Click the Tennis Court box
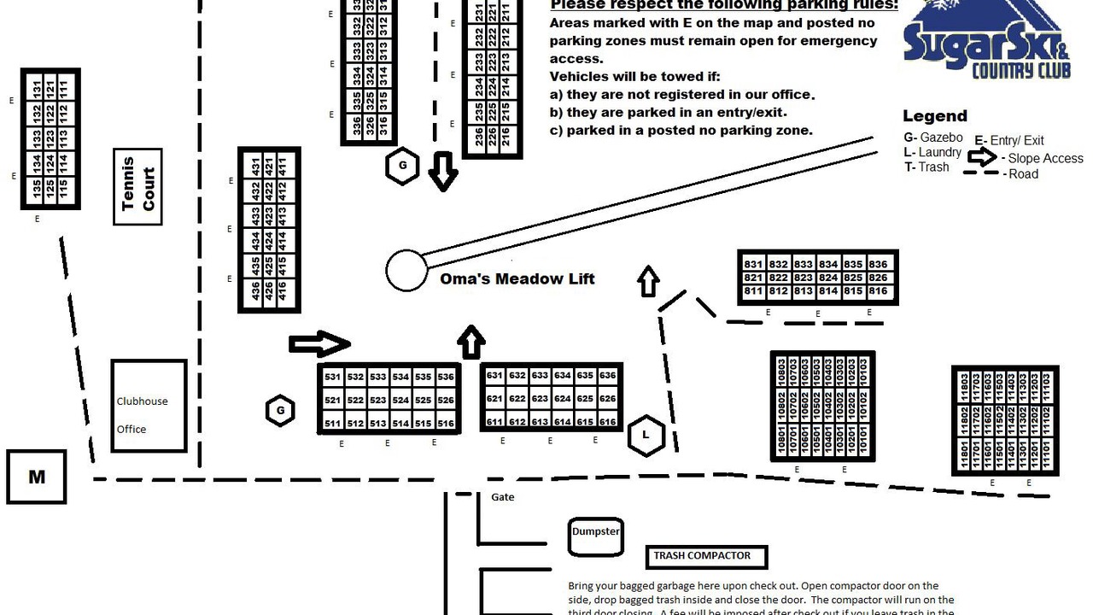(137, 187)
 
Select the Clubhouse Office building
(149, 406)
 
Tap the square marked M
(37, 477)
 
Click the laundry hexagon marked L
(646, 436)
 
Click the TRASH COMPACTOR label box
(706, 557)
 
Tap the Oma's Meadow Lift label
(517, 279)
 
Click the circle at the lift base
(406, 271)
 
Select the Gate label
(503, 497)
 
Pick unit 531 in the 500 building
(332, 377)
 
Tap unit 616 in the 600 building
(608, 422)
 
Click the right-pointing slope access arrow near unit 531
(319, 344)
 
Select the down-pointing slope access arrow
(443, 171)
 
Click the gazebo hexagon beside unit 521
(280, 411)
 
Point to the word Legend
(935, 116)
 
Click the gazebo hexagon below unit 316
(402, 167)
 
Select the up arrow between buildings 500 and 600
(471, 342)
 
